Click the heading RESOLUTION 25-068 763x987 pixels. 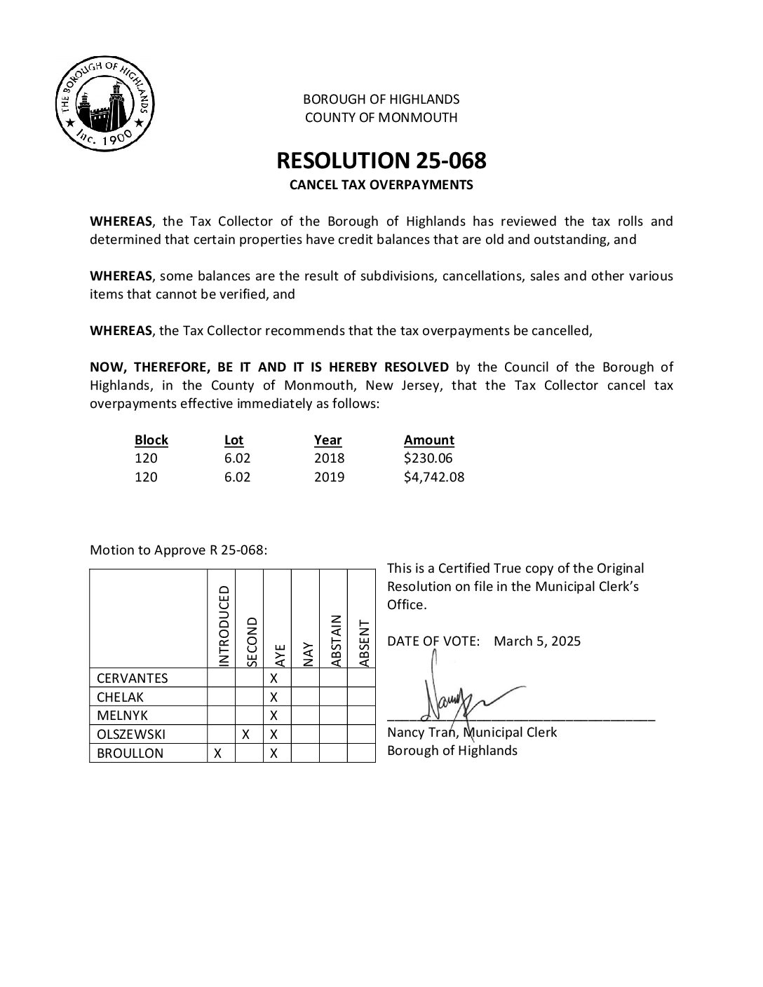point(381,161)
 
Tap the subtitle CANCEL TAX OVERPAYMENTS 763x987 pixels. point(381,185)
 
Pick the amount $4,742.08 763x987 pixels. point(433,477)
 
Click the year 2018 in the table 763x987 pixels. point(329,458)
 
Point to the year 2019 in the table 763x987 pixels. point(329,477)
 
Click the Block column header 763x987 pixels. point(151,440)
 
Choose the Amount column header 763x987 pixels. point(428,440)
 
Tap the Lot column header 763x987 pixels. point(234,440)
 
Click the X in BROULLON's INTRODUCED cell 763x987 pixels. point(218,754)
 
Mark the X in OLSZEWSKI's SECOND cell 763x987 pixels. point(246,735)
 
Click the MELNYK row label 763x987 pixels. point(123,716)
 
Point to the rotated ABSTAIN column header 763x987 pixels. point(336,640)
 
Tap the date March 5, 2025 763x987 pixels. point(537,641)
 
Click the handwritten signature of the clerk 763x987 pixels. point(456,697)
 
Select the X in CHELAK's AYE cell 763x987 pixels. point(274,697)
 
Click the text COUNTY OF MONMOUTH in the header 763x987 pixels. point(381,118)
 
